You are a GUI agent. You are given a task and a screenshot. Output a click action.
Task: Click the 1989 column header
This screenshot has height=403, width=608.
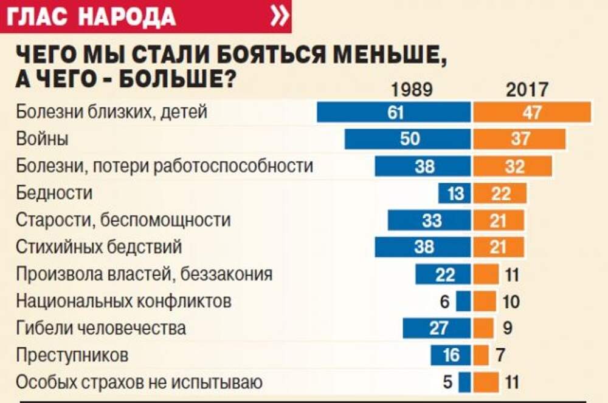point(412,90)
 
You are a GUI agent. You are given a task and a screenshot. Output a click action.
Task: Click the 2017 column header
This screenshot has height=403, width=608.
point(527,90)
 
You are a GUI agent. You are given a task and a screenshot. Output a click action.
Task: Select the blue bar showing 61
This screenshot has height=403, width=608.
point(394,112)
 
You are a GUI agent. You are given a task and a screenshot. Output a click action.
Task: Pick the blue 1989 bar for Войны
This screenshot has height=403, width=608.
point(408,139)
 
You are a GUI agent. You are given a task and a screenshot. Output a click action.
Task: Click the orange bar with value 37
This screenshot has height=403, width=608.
point(519,139)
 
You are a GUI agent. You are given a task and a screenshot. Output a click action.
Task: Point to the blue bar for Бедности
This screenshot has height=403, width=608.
point(455,194)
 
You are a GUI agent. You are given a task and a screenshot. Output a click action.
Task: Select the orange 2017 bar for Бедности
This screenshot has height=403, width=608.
point(500,194)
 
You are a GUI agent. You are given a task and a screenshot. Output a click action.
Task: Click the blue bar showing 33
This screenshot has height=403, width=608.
point(430,220)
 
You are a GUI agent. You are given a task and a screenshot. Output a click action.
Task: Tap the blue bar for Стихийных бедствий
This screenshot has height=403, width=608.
point(423,247)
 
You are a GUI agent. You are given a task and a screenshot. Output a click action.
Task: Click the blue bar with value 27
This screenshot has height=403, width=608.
point(437,328)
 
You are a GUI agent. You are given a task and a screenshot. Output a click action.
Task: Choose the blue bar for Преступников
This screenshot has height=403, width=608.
point(451,355)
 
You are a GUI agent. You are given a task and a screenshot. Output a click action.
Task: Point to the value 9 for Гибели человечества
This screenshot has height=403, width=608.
point(508,328)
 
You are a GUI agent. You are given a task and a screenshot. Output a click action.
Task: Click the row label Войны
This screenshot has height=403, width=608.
point(42,139)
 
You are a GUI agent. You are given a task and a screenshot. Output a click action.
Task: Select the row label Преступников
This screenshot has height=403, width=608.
point(72,355)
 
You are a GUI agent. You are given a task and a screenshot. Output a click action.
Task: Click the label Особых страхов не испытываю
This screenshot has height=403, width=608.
point(139,382)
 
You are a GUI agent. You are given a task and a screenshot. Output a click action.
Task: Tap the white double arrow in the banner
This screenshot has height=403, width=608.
point(279,16)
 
